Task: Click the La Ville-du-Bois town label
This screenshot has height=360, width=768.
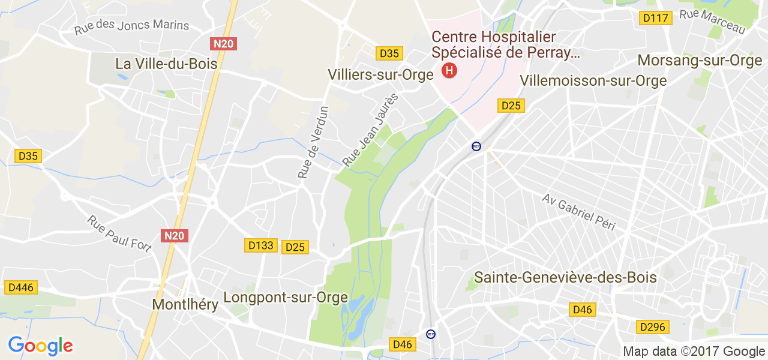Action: point(166,64)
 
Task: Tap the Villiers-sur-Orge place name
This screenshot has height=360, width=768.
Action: point(380,75)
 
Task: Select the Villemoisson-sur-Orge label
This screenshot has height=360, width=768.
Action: point(593,80)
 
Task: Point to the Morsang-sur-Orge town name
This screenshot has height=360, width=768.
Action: point(700,61)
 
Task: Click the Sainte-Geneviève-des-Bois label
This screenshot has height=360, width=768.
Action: point(565,278)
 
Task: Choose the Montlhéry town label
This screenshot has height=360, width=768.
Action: point(185,304)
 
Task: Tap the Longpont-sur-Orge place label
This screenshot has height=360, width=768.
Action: point(286,298)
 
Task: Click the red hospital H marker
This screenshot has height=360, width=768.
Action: point(449,71)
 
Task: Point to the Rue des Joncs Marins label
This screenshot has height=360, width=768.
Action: point(131,27)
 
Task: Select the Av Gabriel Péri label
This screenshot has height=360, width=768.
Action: point(579,212)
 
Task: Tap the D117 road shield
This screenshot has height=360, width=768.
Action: point(655,18)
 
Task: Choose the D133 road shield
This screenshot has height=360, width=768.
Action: point(261,245)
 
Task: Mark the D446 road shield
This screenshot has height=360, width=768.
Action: point(20,288)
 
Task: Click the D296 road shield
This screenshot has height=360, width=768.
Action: point(652,327)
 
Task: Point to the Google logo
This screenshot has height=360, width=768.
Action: point(40,346)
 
